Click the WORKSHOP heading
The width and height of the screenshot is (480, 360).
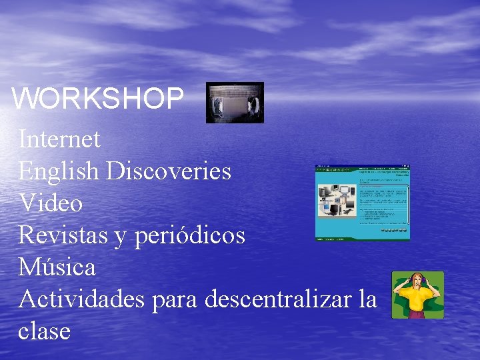[97, 99]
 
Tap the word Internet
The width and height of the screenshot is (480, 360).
[59, 139]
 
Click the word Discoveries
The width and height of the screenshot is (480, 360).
[169, 171]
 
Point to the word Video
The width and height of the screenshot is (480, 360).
[51, 203]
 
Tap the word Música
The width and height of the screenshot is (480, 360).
[57, 267]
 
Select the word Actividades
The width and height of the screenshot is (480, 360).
[81, 299]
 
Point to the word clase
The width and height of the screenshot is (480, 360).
[45, 331]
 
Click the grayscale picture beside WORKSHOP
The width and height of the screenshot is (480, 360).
[235, 103]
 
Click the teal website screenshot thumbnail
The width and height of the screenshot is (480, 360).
[362, 202]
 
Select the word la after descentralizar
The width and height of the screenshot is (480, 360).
[367, 299]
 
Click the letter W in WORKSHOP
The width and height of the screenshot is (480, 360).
[25, 99]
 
